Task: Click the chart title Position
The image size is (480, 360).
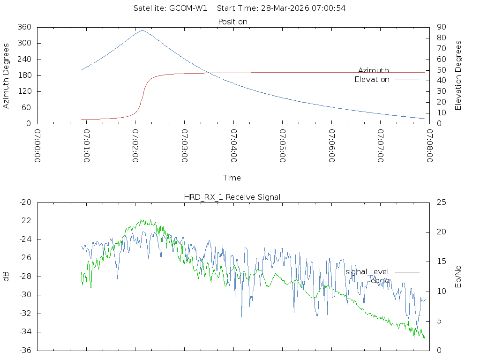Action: [233, 22]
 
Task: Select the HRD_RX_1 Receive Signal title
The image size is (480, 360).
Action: [232, 197]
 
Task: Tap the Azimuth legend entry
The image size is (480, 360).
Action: [374, 70]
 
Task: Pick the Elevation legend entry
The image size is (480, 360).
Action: [372, 80]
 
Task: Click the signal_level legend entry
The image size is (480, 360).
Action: [367, 272]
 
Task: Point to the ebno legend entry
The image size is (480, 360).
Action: [380, 280]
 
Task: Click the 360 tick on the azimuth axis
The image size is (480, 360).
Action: [24, 27]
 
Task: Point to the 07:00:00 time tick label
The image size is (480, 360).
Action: [37, 147]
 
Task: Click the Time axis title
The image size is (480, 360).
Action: [232, 178]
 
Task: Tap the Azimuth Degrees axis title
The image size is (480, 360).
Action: [7, 75]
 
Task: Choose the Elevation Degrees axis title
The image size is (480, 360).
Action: [458, 75]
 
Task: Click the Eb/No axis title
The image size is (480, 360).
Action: [458, 277]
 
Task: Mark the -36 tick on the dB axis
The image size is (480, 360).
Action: [24, 351]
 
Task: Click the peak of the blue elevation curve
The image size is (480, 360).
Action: [142, 31]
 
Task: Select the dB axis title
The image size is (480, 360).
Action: [7, 277]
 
